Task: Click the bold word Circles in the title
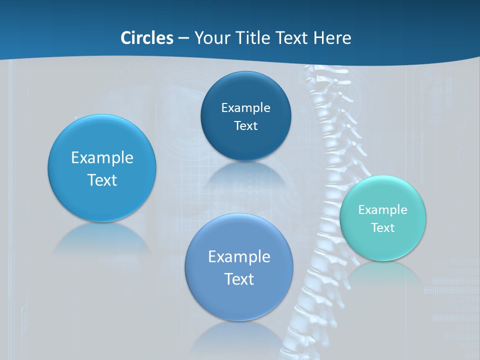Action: (146, 38)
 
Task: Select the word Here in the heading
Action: (332, 38)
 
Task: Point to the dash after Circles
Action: (183, 38)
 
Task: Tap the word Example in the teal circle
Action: (382, 209)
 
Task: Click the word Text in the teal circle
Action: (382, 227)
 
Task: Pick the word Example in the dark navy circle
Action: (245, 107)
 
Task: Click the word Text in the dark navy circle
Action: (245, 125)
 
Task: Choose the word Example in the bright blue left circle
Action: (102, 157)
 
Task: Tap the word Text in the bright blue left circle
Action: (102, 180)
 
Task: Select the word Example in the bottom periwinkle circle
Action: (239, 256)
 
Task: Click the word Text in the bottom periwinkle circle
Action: (239, 279)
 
